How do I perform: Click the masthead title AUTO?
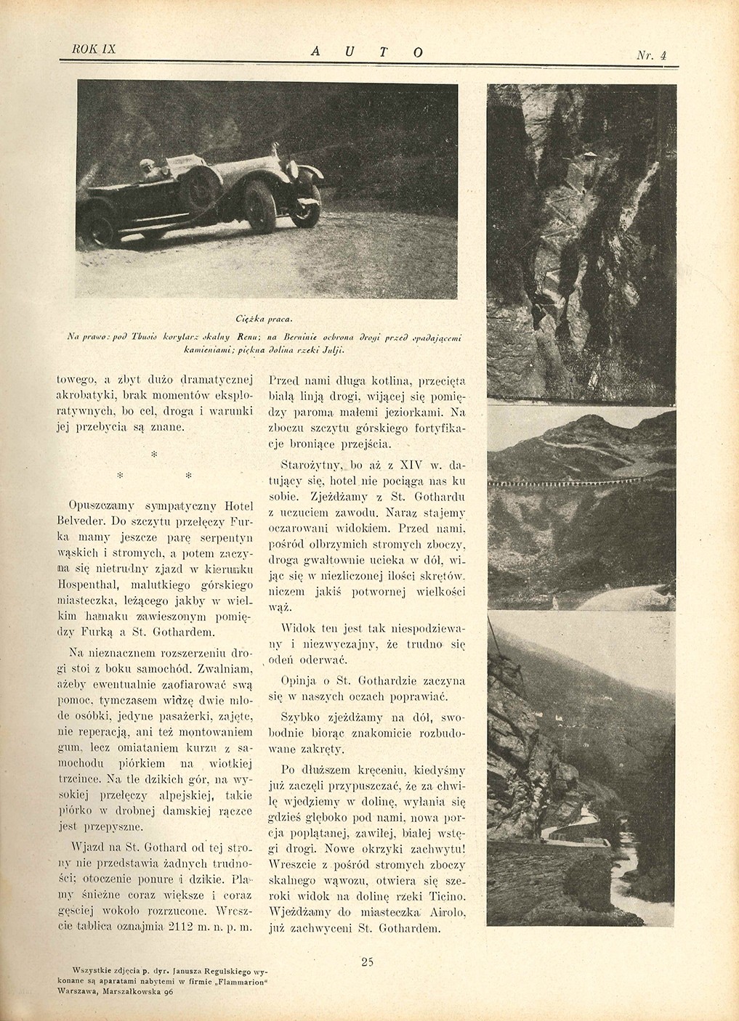(x=367, y=51)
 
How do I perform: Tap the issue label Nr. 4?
(x=652, y=54)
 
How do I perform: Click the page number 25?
(x=366, y=963)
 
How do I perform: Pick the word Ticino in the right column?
(x=447, y=895)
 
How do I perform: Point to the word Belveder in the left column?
(x=79, y=519)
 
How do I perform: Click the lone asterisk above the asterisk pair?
(x=153, y=453)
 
